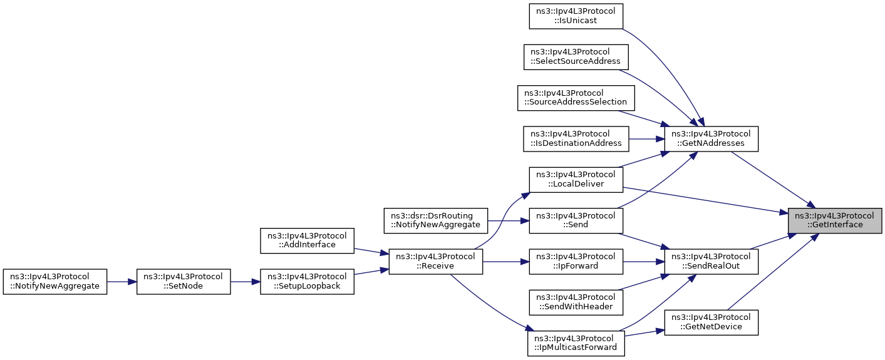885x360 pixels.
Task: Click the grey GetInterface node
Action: click(x=835, y=220)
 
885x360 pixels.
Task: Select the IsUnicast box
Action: click(x=576, y=16)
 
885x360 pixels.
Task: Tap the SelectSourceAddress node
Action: click(x=576, y=57)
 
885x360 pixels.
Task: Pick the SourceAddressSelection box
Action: click(x=576, y=98)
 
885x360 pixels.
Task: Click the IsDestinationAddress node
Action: click(x=576, y=139)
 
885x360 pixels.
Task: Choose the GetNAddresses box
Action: click(x=711, y=139)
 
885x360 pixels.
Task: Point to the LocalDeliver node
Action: click(x=576, y=180)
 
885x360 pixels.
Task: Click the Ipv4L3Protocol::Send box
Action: click(x=576, y=220)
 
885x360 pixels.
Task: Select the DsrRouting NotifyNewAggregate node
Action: click(x=436, y=220)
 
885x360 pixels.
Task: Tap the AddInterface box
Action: click(x=307, y=241)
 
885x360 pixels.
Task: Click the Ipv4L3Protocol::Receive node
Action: click(x=436, y=261)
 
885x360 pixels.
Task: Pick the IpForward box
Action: click(x=576, y=261)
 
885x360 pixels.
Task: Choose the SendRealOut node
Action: click(x=711, y=261)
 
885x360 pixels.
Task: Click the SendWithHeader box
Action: click(x=576, y=302)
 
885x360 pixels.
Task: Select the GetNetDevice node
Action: click(x=711, y=322)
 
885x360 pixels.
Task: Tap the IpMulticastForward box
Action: click(x=576, y=343)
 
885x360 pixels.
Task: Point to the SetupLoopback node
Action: click(x=307, y=282)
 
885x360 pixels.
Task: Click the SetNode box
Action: click(x=184, y=282)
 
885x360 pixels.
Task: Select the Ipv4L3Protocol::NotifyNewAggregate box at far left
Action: click(x=55, y=282)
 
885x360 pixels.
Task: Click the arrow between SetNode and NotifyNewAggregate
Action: click(x=122, y=282)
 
